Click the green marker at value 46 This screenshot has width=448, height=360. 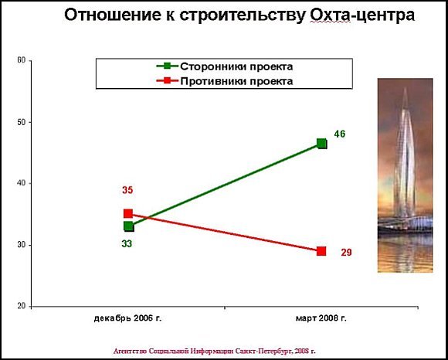(322, 144)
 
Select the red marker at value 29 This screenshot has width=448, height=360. (321, 251)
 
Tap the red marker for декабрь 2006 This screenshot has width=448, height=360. (128, 214)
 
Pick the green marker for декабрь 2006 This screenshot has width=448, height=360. (129, 226)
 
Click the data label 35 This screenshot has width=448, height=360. (127, 190)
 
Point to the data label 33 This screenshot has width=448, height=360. (127, 244)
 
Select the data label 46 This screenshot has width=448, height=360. (340, 134)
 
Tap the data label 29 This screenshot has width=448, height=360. (346, 253)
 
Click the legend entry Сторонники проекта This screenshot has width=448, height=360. (225, 66)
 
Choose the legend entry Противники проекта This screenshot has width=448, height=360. (225, 81)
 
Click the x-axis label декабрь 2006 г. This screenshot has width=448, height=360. (127, 318)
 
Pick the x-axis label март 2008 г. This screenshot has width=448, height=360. (321, 318)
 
